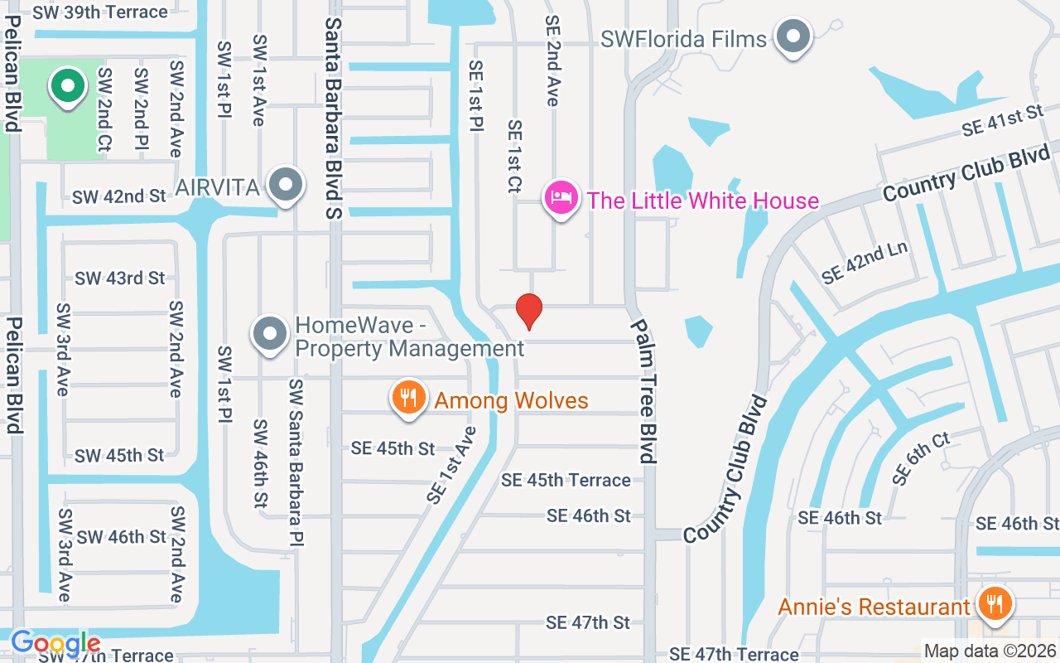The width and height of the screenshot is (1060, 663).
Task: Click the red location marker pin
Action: [529, 311]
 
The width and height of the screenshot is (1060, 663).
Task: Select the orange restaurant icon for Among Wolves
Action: [407, 399]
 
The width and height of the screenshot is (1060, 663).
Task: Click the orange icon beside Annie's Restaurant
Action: [991, 604]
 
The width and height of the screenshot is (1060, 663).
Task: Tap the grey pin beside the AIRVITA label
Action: [287, 186]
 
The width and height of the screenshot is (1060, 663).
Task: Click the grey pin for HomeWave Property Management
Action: [269, 335]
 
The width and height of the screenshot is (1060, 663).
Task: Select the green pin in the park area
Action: [69, 85]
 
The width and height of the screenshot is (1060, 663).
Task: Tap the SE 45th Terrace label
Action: [566, 480]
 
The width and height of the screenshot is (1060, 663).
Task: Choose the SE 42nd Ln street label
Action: [864, 263]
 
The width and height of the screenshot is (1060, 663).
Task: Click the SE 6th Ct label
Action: [921, 458]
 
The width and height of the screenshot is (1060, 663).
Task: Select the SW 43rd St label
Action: [120, 278]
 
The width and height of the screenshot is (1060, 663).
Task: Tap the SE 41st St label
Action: [1001, 121]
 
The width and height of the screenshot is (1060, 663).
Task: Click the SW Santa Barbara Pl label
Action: [296, 462]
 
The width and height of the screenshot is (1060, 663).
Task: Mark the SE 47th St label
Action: [588, 622]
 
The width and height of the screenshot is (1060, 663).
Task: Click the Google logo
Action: [55, 643]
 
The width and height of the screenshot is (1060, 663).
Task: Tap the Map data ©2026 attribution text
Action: [990, 651]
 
